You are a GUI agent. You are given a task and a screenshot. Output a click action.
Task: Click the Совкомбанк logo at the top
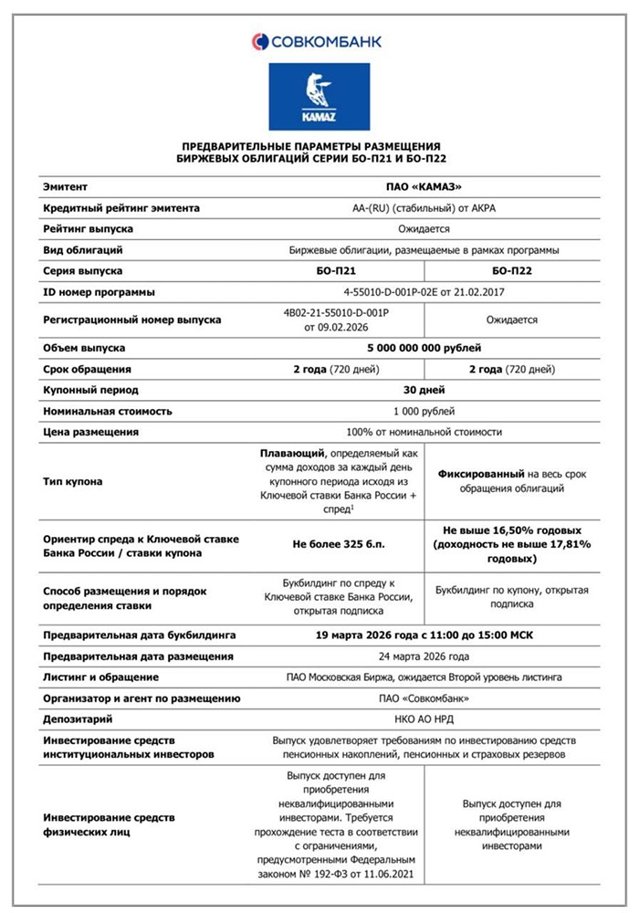[x=317, y=40]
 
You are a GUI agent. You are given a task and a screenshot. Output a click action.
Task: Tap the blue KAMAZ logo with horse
[x=319, y=96]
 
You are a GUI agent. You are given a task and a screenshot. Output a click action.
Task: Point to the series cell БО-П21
[x=339, y=271]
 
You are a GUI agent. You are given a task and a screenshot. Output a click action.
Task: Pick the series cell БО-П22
[x=511, y=271]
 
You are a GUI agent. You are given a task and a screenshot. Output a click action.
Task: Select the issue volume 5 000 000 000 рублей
[x=423, y=348]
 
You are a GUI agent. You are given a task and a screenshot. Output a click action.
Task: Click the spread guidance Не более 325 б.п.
[x=339, y=544]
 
